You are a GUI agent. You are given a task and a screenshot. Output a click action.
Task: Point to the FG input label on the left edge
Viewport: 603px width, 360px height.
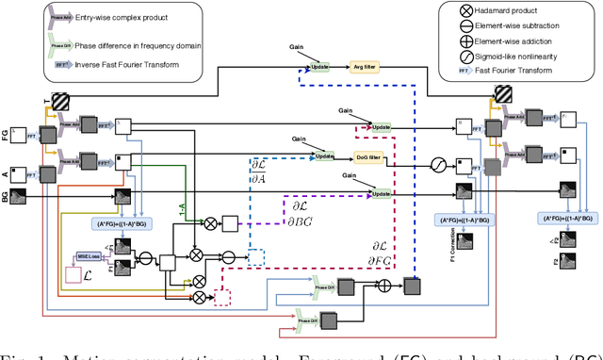(7, 136)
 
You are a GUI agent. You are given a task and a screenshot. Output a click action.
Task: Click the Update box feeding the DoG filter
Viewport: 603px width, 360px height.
(325, 156)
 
